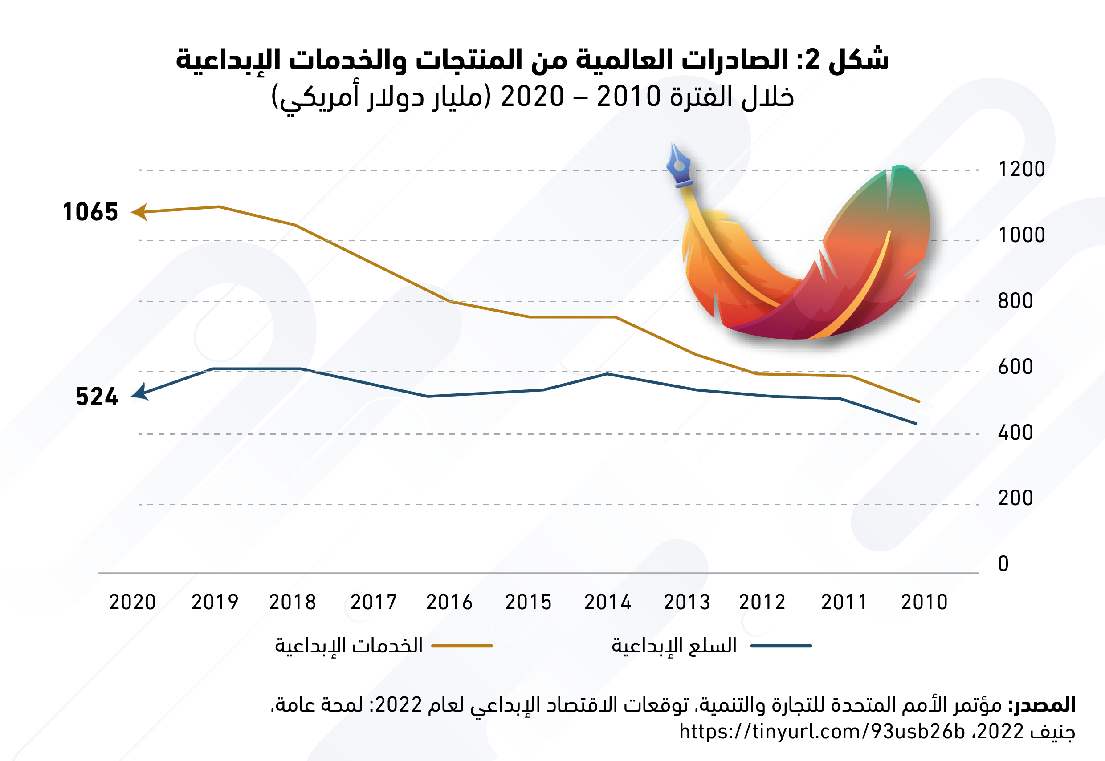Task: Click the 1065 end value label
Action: point(90,212)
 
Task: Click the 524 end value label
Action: point(97,397)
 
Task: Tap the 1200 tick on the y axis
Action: point(1022,169)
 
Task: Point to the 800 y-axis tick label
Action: point(1015,301)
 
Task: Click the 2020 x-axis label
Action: point(133,602)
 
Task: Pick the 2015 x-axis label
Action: point(528,602)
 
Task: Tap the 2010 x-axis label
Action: point(924,602)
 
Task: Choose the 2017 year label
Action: point(374,602)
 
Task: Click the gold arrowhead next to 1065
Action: point(139,212)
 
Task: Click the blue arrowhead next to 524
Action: point(140,393)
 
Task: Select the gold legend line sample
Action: point(462,646)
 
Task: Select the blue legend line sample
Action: point(781,646)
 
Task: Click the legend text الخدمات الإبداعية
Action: point(349,646)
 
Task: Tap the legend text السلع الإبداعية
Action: point(674,646)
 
